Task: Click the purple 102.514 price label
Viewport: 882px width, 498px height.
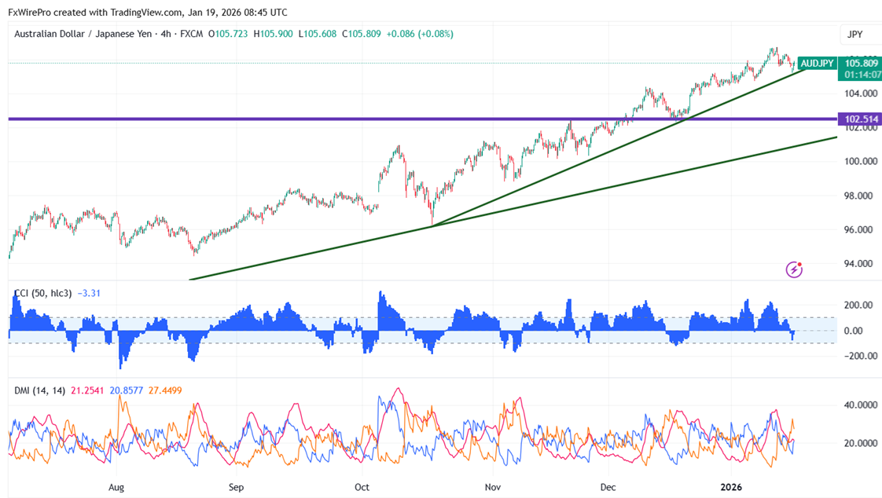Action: point(860,119)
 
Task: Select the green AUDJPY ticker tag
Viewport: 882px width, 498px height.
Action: point(818,62)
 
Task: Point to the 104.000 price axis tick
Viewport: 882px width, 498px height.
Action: point(859,93)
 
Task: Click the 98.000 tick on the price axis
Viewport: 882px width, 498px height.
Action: point(859,196)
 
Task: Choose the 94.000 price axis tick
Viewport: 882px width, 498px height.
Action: point(859,264)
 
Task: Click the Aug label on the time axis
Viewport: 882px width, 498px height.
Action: point(116,487)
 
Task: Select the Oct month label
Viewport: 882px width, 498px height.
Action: point(362,487)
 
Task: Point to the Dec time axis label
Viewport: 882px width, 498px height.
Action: point(608,487)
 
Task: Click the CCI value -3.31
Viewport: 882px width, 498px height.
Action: point(90,294)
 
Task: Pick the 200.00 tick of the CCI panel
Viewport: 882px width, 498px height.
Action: point(858,305)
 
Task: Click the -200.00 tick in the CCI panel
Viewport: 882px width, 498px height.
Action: point(857,356)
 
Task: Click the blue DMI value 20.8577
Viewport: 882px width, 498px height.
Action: point(126,390)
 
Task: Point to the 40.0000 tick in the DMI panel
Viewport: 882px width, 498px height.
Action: point(860,405)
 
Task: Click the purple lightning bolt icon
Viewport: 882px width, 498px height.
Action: point(794,269)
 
